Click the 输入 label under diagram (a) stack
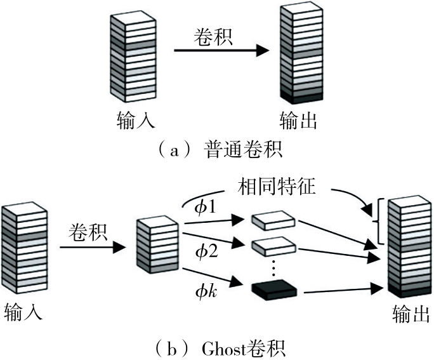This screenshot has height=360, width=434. (x=133, y=119)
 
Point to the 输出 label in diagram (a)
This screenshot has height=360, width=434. (x=298, y=119)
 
